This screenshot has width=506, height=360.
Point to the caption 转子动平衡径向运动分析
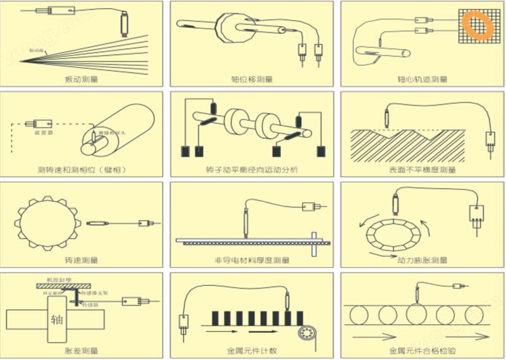click(x=252, y=170)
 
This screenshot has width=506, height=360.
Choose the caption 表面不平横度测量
click(x=422, y=170)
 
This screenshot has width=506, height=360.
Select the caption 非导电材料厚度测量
click(x=252, y=260)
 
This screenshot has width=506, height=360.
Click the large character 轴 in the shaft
click(x=57, y=317)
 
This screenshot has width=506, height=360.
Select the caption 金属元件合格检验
click(x=422, y=350)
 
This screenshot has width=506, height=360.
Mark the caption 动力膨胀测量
click(x=422, y=260)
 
